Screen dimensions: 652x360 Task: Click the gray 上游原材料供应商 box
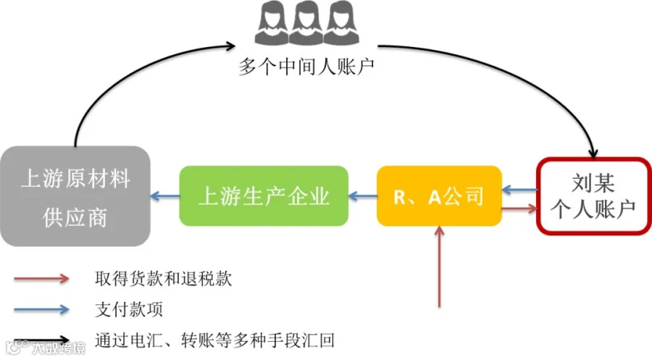[75, 196]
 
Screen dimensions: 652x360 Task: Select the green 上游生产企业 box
[264, 196]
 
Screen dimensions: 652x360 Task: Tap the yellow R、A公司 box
[439, 196]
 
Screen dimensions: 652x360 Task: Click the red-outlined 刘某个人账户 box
[593, 196]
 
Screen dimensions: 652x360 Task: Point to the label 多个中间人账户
[306, 67]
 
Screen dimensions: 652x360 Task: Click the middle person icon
[307, 23]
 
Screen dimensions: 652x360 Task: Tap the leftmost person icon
[272, 23]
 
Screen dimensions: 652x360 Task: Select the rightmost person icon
[341, 23]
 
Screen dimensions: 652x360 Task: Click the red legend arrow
[41, 278]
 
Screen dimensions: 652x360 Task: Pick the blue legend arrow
[41, 309]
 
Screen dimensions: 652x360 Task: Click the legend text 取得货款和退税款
[163, 279]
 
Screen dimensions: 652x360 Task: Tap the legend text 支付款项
[129, 309]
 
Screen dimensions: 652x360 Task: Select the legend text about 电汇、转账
[214, 340]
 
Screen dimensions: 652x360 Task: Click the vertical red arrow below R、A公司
[439, 267]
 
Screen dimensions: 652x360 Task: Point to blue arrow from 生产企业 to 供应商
[165, 196]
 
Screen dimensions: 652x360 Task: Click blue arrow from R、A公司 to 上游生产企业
[363, 196]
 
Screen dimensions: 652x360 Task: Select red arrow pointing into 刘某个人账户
[519, 209]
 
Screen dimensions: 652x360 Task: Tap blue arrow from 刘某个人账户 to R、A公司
[519, 190]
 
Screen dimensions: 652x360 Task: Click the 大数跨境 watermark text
[59, 348]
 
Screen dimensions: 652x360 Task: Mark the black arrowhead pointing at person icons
[230, 46]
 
